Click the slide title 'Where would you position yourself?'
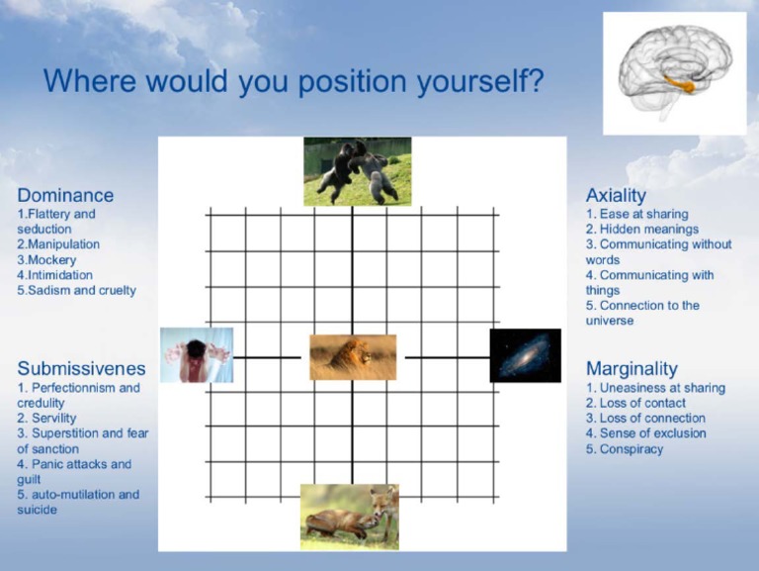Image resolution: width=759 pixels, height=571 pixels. pos(293,80)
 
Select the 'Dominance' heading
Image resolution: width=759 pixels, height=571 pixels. pos(65,195)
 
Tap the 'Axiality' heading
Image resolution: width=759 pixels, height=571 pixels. pos(615,195)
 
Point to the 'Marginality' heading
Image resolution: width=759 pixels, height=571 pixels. pos(632,369)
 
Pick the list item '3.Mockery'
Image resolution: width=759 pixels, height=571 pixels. pos(47,259)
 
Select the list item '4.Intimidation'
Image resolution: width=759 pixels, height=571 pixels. pos(55,275)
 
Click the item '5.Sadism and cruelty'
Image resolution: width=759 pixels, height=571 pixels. pos(77,290)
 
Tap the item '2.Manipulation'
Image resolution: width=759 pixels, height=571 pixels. pos(58,244)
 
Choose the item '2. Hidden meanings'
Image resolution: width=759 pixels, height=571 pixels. pos(642,229)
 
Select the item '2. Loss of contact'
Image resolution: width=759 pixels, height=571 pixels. pos(635,403)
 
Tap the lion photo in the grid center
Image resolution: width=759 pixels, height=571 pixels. pos(353,357)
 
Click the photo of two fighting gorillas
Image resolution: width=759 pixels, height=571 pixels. pos(357,171)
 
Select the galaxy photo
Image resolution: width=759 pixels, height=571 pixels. pos(525,355)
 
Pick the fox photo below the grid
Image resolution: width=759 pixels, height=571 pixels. pos(350,516)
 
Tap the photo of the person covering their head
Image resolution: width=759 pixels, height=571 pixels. pos(197,355)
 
